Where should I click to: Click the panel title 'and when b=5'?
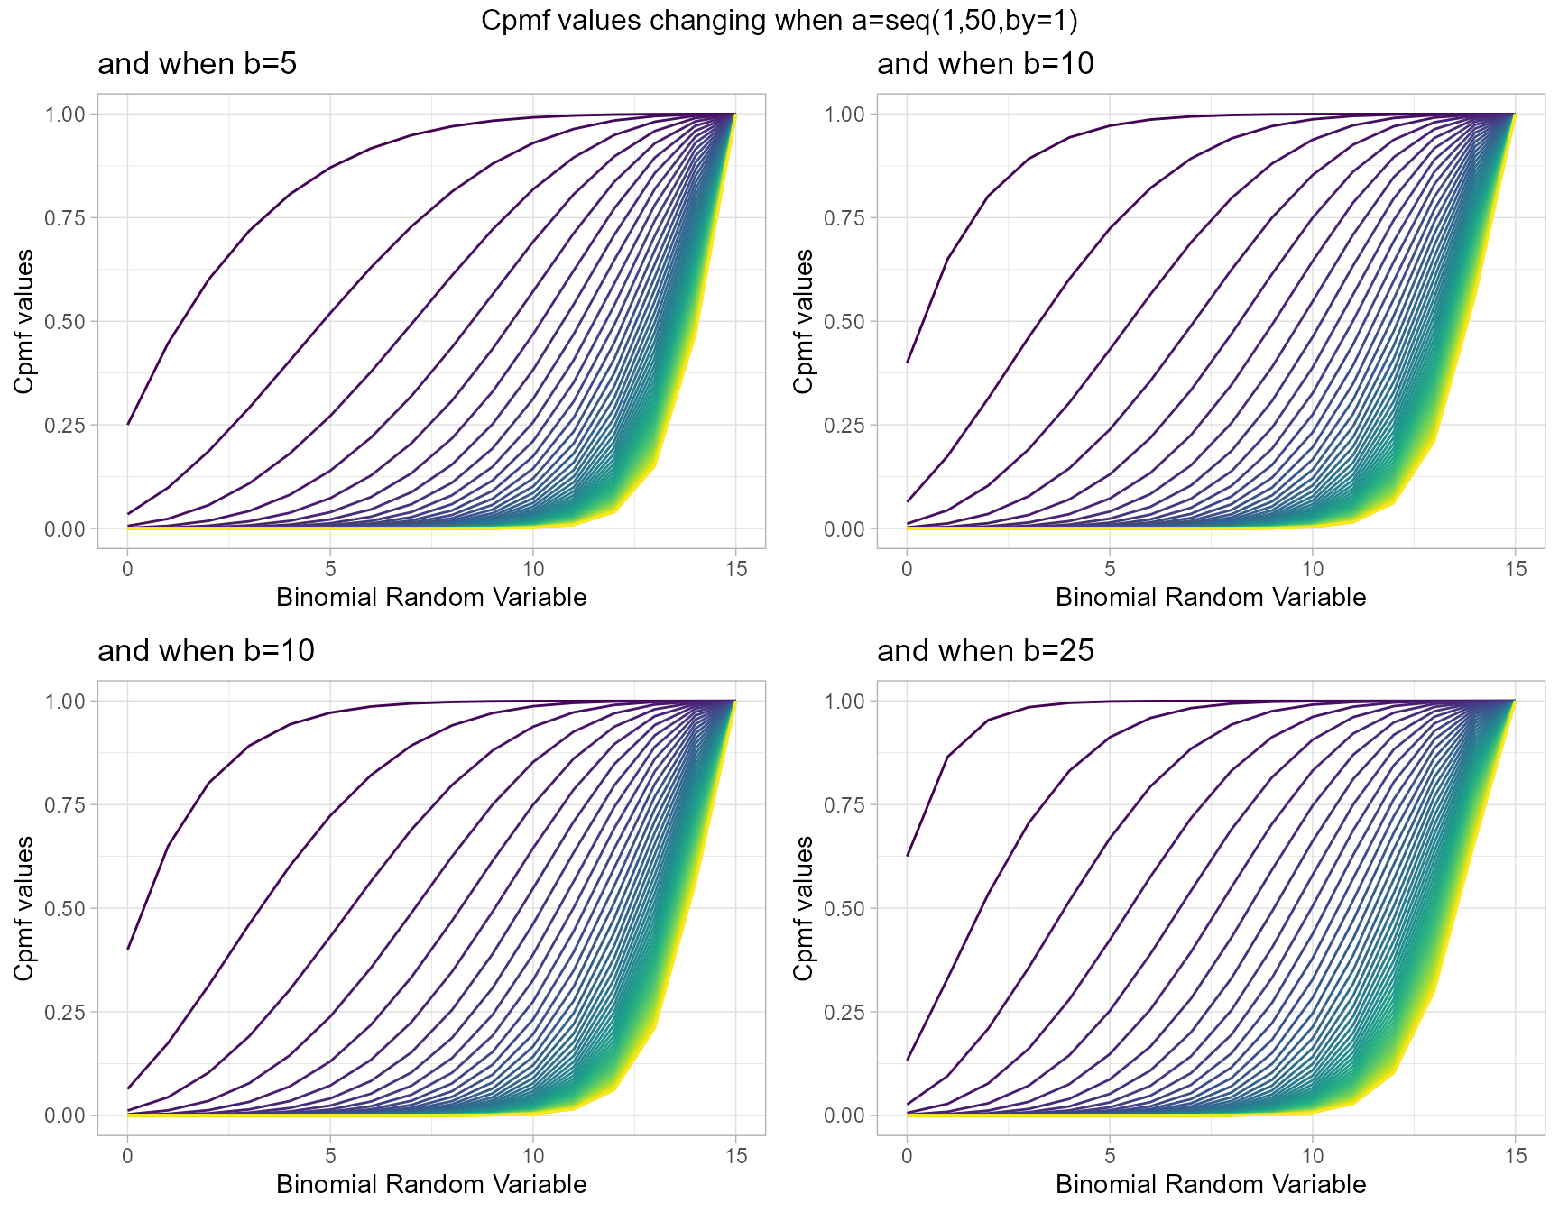[x=197, y=64]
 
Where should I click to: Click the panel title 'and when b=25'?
[x=985, y=651]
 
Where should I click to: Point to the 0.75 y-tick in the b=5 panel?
[x=64, y=218]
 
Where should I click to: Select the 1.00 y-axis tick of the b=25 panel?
[x=844, y=702]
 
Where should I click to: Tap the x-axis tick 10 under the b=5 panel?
[x=533, y=569]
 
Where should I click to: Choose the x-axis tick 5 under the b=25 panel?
[x=1110, y=1156]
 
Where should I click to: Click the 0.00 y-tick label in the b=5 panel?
[x=64, y=529]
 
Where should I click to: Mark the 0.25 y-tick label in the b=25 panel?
[x=844, y=1013]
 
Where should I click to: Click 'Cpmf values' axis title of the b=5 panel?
[x=24, y=321]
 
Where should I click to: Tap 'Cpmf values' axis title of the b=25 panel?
[x=804, y=908]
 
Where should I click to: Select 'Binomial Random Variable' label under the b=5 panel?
[x=431, y=597]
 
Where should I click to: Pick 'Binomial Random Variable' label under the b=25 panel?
[x=1211, y=1184]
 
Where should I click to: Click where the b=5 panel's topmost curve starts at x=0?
[x=128, y=424]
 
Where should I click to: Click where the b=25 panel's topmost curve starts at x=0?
[x=908, y=855]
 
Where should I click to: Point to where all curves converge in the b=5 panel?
[x=735, y=115]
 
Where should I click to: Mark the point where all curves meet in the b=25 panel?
[x=1515, y=702]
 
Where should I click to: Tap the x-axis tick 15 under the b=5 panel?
[x=735, y=569]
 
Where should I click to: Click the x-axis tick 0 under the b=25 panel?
[x=908, y=1156]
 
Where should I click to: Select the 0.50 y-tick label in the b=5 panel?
[x=64, y=322]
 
